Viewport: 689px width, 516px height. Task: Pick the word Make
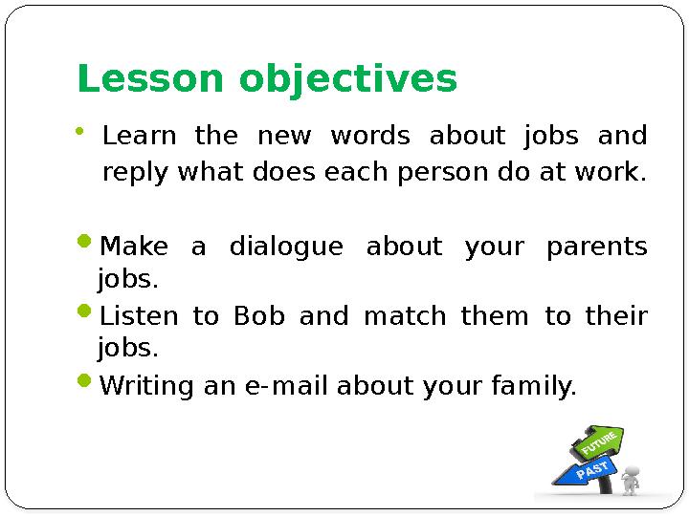coord(135,247)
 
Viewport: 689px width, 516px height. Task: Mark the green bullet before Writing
coord(85,385)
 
